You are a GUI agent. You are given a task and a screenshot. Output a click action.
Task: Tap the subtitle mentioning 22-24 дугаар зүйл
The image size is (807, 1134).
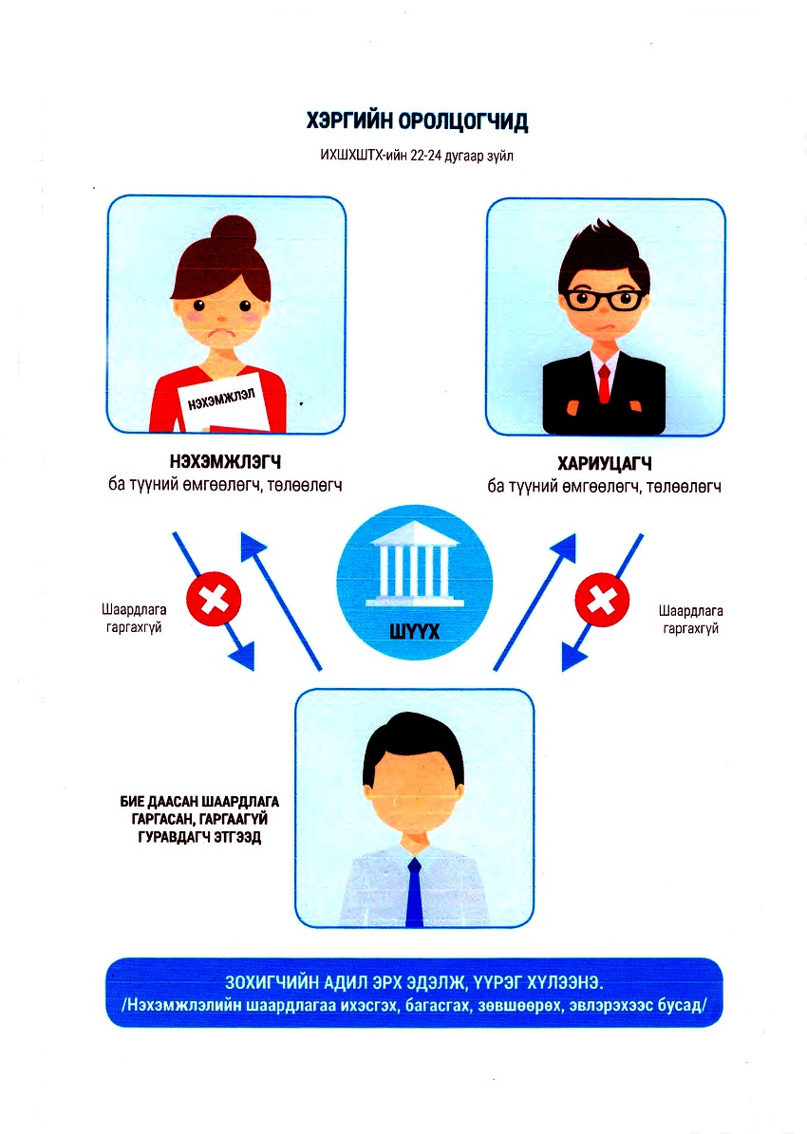pyautogui.click(x=418, y=157)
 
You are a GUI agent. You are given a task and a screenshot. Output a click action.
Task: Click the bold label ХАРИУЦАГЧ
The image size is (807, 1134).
pyautogui.click(x=604, y=465)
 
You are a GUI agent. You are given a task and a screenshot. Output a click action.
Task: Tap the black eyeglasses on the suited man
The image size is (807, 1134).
pyautogui.click(x=601, y=301)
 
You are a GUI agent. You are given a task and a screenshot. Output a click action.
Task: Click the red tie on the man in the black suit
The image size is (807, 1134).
pyautogui.click(x=604, y=384)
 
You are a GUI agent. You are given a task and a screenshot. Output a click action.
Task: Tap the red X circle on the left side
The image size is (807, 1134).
pyautogui.click(x=214, y=600)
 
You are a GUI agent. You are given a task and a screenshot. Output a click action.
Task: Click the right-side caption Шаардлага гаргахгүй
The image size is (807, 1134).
pyautogui.click(x=690, y=620)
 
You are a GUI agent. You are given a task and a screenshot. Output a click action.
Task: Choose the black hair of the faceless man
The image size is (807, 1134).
pyautogui.click(x=412, y=740)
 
